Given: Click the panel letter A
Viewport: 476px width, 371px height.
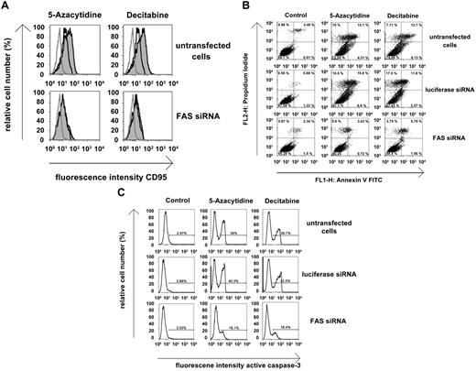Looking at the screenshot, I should pos(6,6).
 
